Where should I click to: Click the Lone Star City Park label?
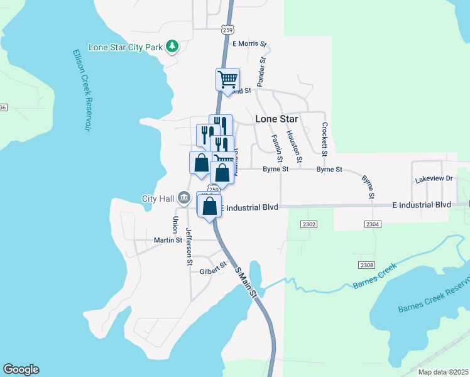(x=125, y=47)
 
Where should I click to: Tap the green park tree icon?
(x=172, y=46)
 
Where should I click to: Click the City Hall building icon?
(x=183, y=198)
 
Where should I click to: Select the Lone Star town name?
(x=276, y=119)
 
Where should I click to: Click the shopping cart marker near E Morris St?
(x=227, y=80)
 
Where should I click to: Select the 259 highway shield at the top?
(x=227, y=29)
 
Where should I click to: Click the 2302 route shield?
(x=309, y=224)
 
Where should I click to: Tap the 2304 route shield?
(x=373, y=224)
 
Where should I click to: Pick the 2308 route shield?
(x=368, y=265)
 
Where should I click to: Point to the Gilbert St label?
(x=213, y=268)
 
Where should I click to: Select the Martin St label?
(x=168, y=240)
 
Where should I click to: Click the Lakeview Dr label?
(x=434, y=179)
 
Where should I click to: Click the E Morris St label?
(x=249, y=44)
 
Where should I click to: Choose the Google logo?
(x=21, y=369)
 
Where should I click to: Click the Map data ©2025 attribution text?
(x=443, y=372)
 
